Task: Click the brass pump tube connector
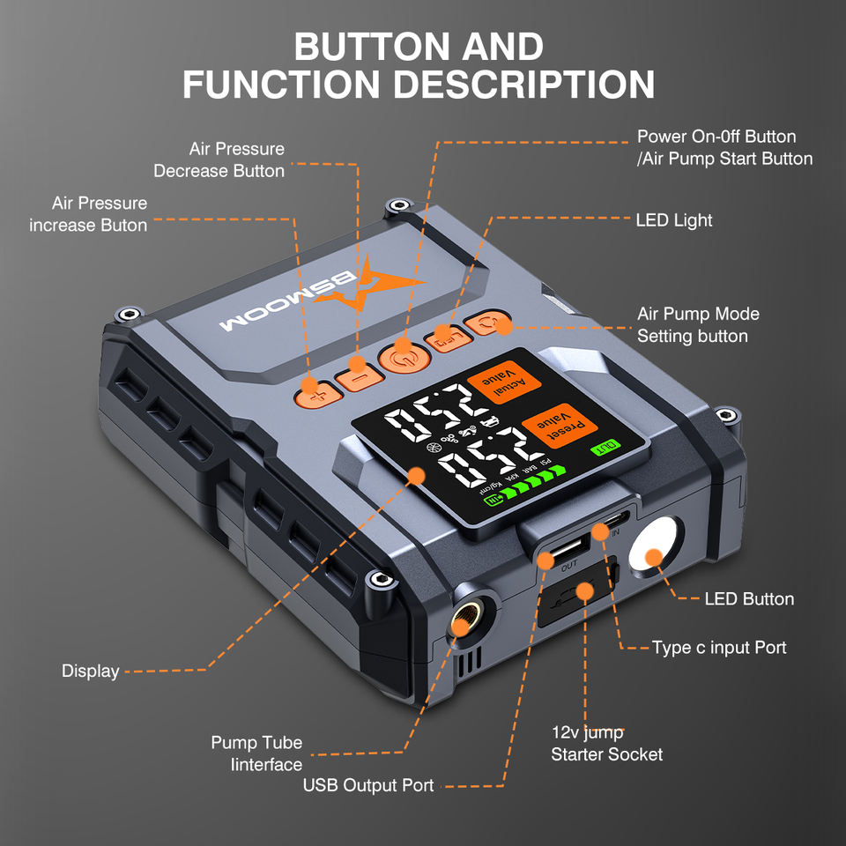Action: [462, 625]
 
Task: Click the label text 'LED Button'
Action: [749, 599]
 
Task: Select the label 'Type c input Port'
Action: [719, 648]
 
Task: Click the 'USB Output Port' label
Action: [368, 785]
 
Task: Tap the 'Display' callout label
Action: [90, 672]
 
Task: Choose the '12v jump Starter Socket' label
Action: [606, 743]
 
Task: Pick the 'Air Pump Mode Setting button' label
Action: [698, 325]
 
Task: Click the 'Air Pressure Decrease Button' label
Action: [219, 160]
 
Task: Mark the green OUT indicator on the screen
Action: [606, 447]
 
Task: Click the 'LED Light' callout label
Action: [674, 219]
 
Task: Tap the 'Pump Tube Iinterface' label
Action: [256, 753]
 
